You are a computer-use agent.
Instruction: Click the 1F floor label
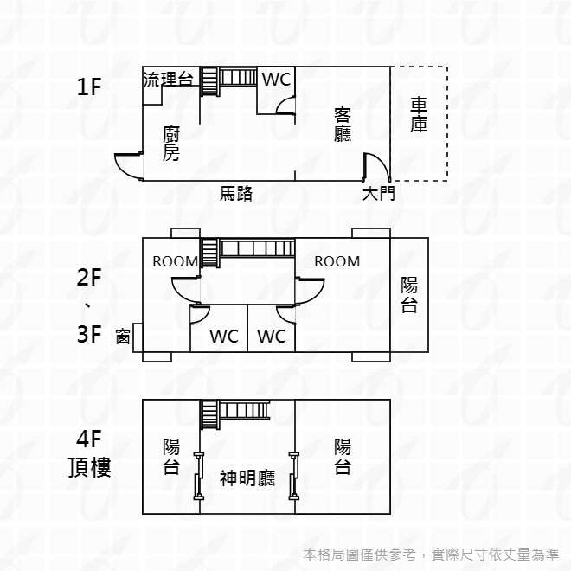click(x=89, y=87)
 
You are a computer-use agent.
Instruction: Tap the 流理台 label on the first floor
click(x=168, y=80)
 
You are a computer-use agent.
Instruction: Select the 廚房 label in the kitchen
click(x=170, y=143)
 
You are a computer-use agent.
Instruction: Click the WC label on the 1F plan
click(x=276, y=80)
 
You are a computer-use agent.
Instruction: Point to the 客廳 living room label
click(x=343, y=125)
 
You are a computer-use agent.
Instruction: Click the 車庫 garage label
click(x=419, y=115)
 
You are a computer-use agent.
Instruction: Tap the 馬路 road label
click(x=236, y=194)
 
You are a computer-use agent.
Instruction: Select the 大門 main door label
click(x=379, y=194)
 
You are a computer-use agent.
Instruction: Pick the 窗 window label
click(x=123, y=337)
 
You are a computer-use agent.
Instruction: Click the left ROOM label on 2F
click(x=175, y=261)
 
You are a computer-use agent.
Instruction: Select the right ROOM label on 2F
click(x=337, y=261)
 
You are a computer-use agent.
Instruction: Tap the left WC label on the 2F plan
click(x=224, y=337)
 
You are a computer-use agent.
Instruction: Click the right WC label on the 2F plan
click(x=272, y=337)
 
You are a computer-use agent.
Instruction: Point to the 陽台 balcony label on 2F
click(x=409, y=295)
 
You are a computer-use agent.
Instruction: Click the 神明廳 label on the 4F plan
click(x=247, y=478)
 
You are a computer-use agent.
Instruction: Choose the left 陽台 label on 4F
click(x=171, y=456)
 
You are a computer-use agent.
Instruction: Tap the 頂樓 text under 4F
click(x=90, y=467)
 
